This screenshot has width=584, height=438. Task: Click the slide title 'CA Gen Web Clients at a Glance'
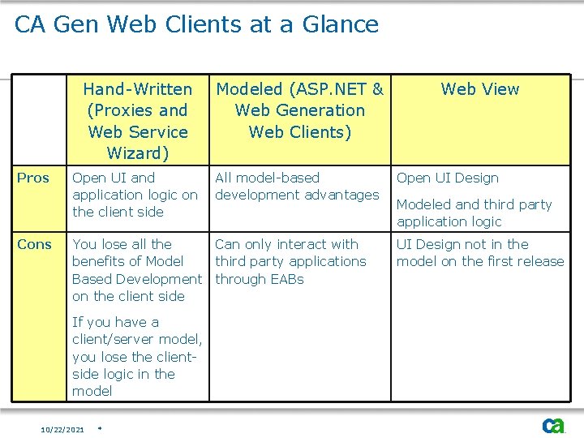(196, 24)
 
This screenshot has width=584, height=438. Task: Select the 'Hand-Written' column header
(138, 89)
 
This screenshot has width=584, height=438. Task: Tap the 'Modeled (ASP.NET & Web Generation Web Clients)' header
(299, 110)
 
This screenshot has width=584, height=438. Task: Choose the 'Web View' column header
(479, 89)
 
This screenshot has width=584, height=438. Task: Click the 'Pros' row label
(33, 178)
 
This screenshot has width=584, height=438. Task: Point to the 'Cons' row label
(34, 244)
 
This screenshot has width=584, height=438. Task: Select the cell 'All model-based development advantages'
(296, 186)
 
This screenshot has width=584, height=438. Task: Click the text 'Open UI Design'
(447, 178)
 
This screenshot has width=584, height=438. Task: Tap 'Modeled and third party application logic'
(474, 213)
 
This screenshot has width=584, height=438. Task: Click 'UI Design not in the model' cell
(479, 252)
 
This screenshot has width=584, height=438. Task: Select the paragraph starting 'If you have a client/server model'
(137, 356)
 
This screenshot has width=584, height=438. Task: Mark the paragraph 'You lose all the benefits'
(137, 270)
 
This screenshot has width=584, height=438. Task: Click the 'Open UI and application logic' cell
(135, 195)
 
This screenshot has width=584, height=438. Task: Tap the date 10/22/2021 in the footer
(62, 429)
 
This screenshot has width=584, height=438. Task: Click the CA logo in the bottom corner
(554, 425)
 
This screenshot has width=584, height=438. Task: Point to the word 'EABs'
(286, 279)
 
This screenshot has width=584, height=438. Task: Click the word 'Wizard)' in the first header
(138, 153)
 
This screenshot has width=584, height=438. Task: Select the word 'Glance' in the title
(341, 24)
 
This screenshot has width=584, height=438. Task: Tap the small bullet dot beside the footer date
(98, 427)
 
